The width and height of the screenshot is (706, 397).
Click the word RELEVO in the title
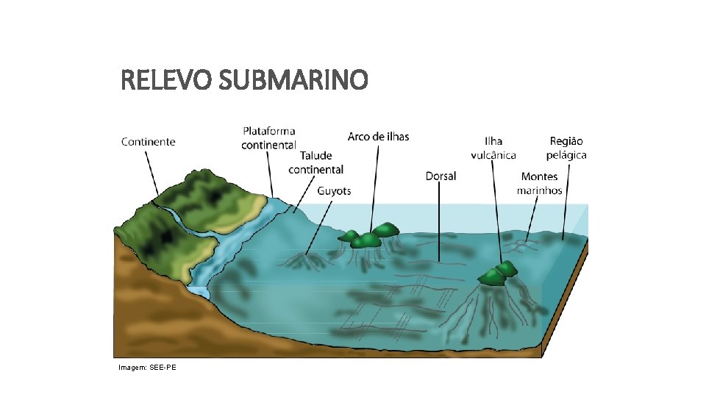pyautogui.click(x=166, y=80)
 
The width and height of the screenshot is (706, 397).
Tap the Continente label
pyautogui.click(x=149, y=141)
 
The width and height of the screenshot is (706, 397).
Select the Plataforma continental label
pyautogui.click(x=268, y=138)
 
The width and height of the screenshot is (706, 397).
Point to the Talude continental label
pyautogui.click(x=315, y=162)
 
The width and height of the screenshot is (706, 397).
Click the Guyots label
pyautogui.click(x=334, y=191)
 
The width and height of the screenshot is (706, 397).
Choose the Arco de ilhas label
pyautogui.click(x=378, y=137)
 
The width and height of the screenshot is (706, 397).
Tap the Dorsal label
pyautogui.click(x=441, y=176)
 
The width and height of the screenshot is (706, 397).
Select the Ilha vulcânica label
pyautogui.click(x=493, y=148)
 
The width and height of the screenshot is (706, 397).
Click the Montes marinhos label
pyautogui.click(x=539, y=183)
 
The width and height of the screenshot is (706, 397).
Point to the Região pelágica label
pyautogui.click(x=566, y=148)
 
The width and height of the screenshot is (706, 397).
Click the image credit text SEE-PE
pyautogui.click(x=147, y=367)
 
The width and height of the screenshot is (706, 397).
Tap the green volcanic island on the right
pyautogui.click(x=498, y=273)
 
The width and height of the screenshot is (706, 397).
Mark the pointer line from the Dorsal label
pyautogui.click(x=440, y=221)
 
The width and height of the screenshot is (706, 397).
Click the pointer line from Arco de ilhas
pyautogui.click(x=375, y=184)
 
